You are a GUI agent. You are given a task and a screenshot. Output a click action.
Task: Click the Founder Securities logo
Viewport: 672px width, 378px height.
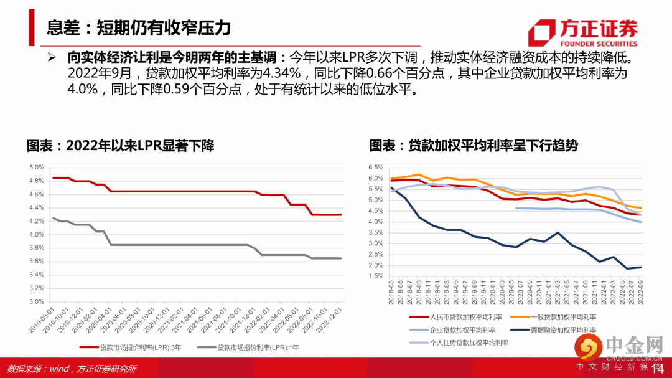coord(582,32)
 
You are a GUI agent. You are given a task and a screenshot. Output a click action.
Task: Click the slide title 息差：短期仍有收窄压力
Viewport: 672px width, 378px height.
coord(139,27)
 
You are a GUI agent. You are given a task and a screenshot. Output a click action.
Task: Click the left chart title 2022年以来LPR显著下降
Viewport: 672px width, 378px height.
coord(120,146)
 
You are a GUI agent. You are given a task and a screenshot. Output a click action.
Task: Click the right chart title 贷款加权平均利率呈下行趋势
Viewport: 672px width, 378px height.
coord(473,146)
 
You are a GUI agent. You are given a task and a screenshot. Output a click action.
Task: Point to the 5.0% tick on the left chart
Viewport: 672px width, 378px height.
coord(37,168)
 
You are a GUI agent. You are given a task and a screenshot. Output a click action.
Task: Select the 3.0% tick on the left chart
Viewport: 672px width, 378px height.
coord(37,301)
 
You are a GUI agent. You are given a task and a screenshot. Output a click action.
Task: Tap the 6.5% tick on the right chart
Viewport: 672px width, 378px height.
coord(376,168)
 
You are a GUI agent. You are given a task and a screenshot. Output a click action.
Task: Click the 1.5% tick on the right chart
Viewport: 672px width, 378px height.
coord(376,276)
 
